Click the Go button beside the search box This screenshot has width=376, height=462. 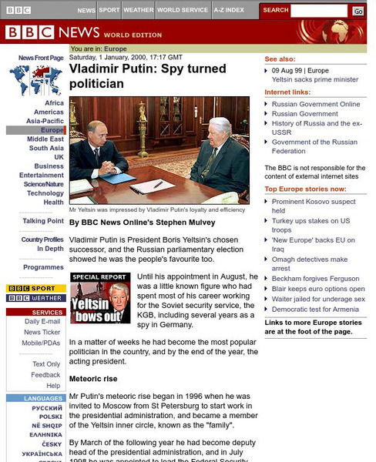pos(358,11)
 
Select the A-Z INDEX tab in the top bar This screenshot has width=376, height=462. pos(230,11)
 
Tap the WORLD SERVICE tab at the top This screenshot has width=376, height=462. pos(183,11)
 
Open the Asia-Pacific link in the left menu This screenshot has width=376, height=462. pos(45,121)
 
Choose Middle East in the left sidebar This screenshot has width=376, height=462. pos(45,139)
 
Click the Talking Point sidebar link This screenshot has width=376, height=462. pos(43,221)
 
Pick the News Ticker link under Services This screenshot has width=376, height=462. pos(42,332)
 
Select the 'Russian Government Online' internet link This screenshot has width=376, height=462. pos(316,104)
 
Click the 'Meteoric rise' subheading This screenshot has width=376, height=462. pos(93,379)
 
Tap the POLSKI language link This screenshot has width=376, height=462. pos(51,417)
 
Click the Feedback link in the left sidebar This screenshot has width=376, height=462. pos(45,375)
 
